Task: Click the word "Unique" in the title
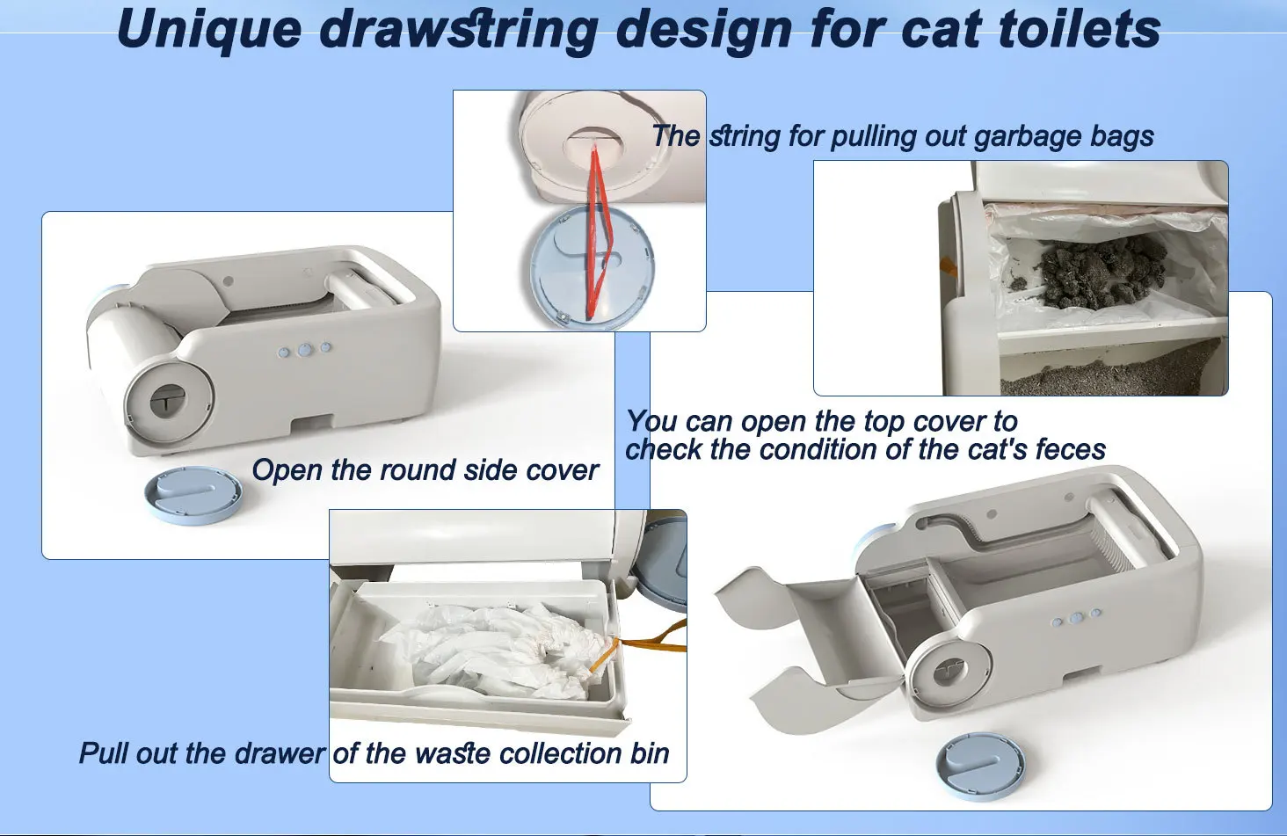(x=209, y=30)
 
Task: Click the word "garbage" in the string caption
(x=1028, y=137)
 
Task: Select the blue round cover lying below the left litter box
(x=193, y=494)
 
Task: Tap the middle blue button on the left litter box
(x=305, y=349)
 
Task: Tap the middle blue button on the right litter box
(x=1077, y=618)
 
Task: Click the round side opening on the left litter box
(x=168, y=399)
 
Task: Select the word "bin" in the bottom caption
(x=650, y=754)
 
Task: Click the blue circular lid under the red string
(x=592, y=270)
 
